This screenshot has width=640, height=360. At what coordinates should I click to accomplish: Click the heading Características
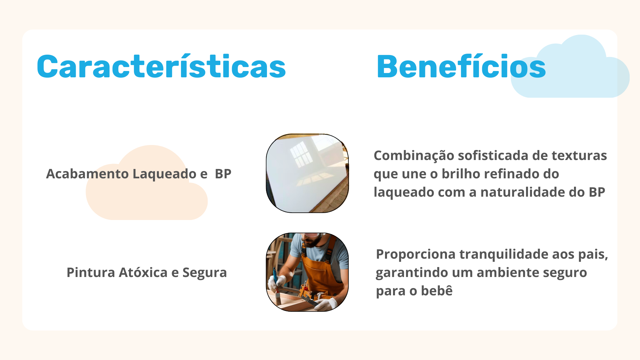pyautogui.click(x=161, y=66)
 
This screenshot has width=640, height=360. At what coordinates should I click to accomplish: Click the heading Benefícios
pyautogui.click(x=461, y=66)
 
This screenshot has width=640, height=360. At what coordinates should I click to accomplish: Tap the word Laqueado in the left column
pyautogui.click(x=164, y=174)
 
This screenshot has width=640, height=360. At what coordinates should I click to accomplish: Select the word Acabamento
pyautogui.click(x=87, y=174)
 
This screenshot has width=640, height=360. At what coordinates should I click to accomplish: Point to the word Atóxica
pyautogui.click(x=143, y=272)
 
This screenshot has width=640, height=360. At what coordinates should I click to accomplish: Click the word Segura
pyautogui.click(x=205, y=273)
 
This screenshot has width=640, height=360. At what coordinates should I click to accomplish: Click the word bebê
pyautogui.click(x=437, y=291)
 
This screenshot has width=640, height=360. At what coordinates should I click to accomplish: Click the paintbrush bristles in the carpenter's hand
pyautogui.click(x=278, y=299)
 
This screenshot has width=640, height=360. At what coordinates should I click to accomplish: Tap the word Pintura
pyautogui.click(x=91, y=272)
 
